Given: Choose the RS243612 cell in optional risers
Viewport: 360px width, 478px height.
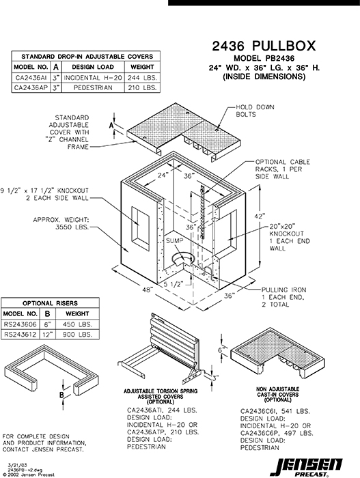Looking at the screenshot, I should (x=20, y=335).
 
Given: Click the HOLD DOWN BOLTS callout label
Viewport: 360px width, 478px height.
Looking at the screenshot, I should (x=254, y=111).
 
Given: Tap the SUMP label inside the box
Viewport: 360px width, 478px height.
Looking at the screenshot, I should (x=173, y=242).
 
